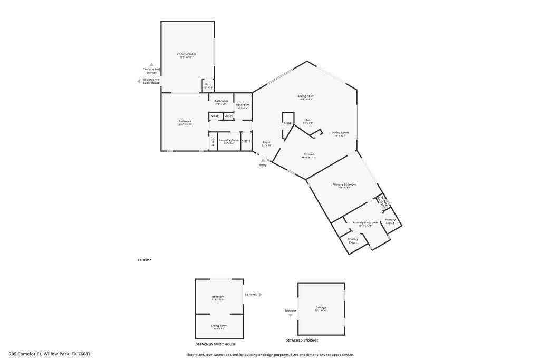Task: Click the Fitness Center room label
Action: point(186,54)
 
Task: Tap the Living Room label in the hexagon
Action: point(306,96)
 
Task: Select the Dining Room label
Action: point(340,133)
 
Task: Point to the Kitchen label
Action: point(308,154)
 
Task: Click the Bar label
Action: point(307,120)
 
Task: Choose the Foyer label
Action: point(266,142)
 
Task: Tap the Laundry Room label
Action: point(229,140)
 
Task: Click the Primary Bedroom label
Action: point(344,184)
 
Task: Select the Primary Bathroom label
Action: point(365,223)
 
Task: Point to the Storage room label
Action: point(321,307)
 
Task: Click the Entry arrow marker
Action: point(263,160)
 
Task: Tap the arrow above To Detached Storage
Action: point(151,64)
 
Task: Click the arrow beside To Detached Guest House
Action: point(139,81)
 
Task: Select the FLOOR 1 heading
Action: point(144,260)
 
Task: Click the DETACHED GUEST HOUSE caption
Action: point(215,344)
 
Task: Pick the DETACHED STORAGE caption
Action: point(302,340)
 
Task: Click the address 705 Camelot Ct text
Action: point(50,354)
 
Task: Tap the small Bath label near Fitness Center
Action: point(208,84)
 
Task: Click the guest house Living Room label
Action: point(219,326)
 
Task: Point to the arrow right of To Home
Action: point(260,295)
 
